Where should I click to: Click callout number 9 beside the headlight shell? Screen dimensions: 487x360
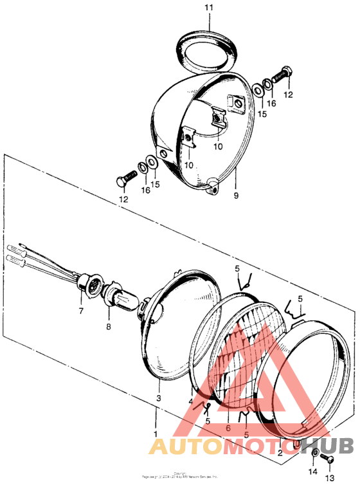point(236,195)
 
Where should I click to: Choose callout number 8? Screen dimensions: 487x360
point(108,327)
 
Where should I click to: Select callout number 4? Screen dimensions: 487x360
point(191,401)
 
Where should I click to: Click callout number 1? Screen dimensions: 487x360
point(155,433)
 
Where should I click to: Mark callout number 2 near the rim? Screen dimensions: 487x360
point(280,452)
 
